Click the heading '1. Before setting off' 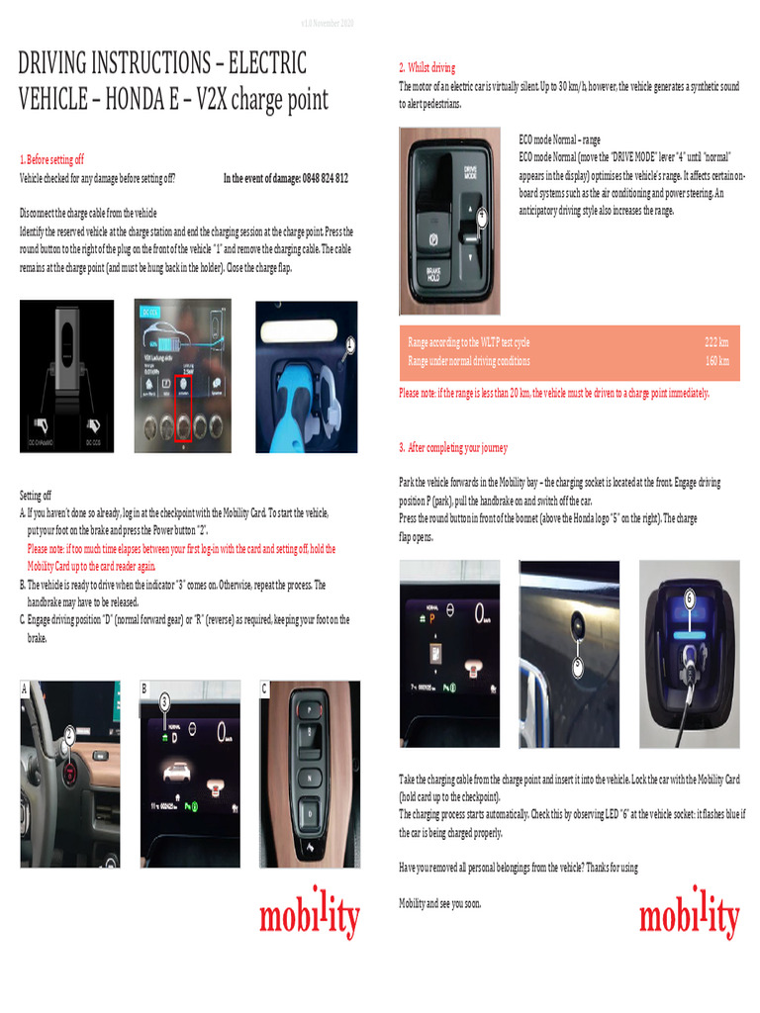click(51, 158)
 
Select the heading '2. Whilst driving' click(427, 67)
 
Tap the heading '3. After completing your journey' click(453, 447)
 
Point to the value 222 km click(716, 341)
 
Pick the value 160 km click(716, 361)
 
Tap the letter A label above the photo click(25, 688)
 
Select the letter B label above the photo click(144, 688)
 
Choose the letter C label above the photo click(264, 688)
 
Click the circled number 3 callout click(165, 701)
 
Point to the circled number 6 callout click(689, 597)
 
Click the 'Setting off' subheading click(36, 495)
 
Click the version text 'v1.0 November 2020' click(327, 22)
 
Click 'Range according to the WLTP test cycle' click(468, 341)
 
